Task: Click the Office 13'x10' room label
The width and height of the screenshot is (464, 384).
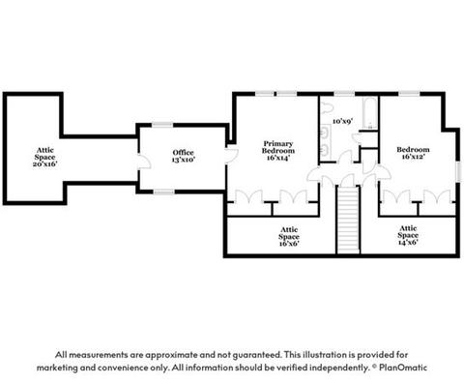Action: [184, 156]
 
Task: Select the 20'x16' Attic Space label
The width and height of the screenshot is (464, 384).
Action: [44, 157]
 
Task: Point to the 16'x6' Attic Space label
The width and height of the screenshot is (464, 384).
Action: [289, 237]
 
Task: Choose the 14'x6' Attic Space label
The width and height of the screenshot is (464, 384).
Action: [408, 235]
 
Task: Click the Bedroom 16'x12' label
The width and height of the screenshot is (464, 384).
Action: [413, 153]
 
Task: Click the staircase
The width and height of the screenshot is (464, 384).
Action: [348, 220]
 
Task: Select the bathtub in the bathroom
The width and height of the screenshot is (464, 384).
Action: [369, 113]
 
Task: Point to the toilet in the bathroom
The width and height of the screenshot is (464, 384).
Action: [326, 107]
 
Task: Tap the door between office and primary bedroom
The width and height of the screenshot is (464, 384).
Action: [231, 155]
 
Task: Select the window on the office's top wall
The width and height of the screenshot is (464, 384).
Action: [162, 125]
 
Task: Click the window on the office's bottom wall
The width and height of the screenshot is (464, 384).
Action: [163, 192]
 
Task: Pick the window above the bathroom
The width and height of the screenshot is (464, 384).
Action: [344, 94]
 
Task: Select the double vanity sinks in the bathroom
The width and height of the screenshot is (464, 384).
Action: [325, 141]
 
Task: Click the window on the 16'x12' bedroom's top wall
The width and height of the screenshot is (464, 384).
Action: [410, 94]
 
